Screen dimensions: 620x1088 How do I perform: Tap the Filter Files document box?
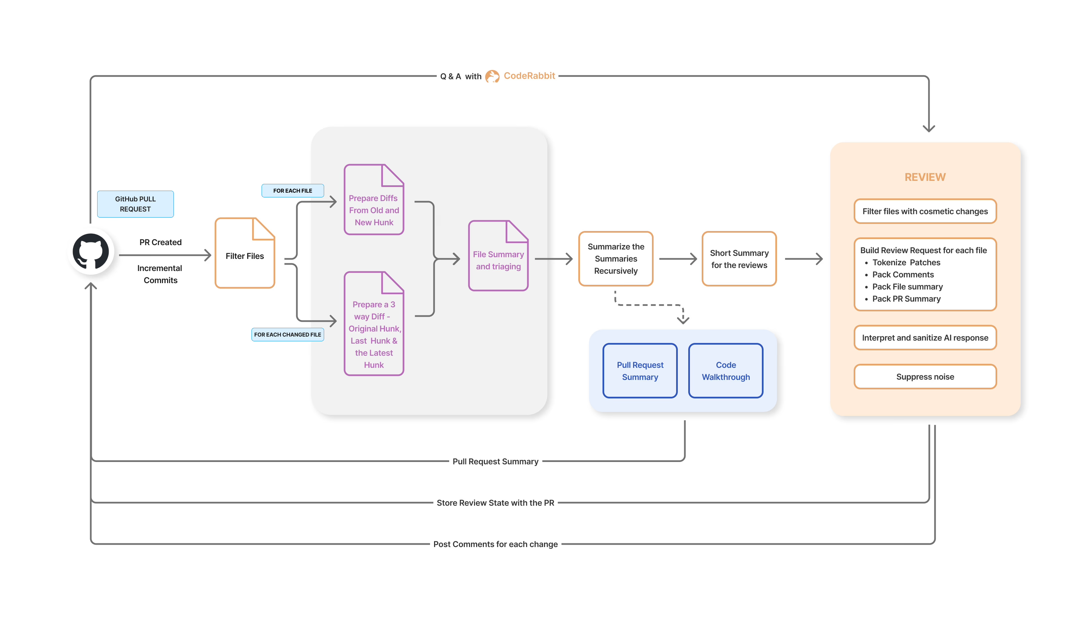[244, 256]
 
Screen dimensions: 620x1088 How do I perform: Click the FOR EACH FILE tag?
[293, 191]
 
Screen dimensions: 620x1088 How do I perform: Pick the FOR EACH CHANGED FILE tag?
[287, 334]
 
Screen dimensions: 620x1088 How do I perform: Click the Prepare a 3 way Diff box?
[374, 334]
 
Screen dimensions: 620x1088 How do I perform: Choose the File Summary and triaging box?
[498, 260]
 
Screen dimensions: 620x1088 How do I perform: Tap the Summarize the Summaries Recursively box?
[615, 259]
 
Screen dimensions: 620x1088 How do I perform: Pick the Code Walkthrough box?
[725, 371]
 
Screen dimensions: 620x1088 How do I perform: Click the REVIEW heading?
[925, 177]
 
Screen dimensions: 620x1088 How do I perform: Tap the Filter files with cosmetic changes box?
[925, 211]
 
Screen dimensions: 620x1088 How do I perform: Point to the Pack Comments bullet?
[902, 275]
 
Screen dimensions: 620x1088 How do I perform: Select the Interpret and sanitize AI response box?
[925, 338]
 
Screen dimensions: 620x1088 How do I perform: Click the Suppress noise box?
[925, 377]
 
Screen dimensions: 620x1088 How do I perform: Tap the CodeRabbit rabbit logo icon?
[492, 76]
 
